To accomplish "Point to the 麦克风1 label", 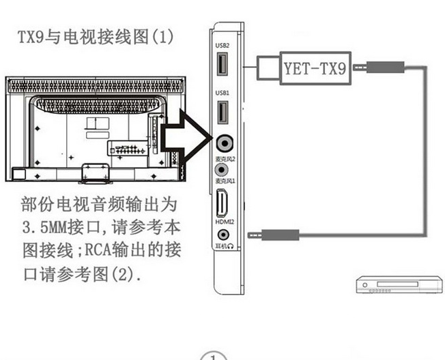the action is [x=225, y=181].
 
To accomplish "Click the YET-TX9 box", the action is [x=313, y=67].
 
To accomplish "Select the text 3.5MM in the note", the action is [x=48, y=226].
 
